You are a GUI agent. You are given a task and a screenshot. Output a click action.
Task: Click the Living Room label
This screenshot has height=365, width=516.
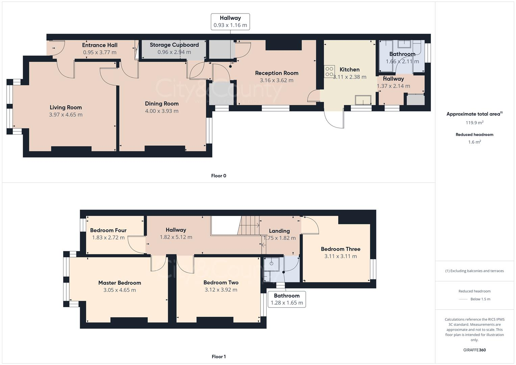[x=66, y=107]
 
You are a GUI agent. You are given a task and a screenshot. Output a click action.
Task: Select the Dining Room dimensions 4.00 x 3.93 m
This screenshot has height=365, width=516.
[x=162, y=111]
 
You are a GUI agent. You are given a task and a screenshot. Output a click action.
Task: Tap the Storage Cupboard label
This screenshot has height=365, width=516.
[x=174, y=45]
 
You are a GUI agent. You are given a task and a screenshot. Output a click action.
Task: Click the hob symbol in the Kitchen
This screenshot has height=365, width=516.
[x=329, y=71]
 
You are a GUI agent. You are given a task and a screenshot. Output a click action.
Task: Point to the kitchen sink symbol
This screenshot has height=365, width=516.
[x=363, y=100]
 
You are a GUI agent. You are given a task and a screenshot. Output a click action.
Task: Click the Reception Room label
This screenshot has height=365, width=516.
[x=276, y=73]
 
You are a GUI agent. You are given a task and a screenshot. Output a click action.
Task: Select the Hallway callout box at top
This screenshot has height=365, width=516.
[x=230, y=22]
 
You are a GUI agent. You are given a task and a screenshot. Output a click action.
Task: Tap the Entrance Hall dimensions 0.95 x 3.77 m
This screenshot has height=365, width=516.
[x=100, y=52]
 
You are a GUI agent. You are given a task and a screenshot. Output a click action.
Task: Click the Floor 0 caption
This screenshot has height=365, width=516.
[x=218, y=176]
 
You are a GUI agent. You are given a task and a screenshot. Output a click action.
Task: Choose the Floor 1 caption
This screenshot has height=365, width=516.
[x=218, y=357]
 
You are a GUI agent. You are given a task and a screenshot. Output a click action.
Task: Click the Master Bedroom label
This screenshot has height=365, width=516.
[x=120, y=283]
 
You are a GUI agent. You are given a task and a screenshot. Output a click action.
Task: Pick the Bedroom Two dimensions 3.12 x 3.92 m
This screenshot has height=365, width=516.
[x=221, y=290]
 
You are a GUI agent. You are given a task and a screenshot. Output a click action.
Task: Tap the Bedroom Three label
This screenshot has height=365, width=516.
[x=340, y=249]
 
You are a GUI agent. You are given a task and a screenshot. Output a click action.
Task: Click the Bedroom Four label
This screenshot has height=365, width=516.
[x=108, y=230]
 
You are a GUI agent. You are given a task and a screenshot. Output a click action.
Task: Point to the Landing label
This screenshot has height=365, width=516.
[x=279, y=231]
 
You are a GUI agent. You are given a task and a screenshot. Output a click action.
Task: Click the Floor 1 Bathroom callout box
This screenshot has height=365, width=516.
[x=287, y=299]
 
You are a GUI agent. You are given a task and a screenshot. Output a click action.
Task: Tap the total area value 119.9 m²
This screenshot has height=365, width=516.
[x=474, y=123]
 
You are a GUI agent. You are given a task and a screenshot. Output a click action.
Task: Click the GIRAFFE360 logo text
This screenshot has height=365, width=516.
[x=474, y=350]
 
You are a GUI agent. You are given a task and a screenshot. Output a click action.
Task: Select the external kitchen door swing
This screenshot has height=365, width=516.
[x=334, y=120]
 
